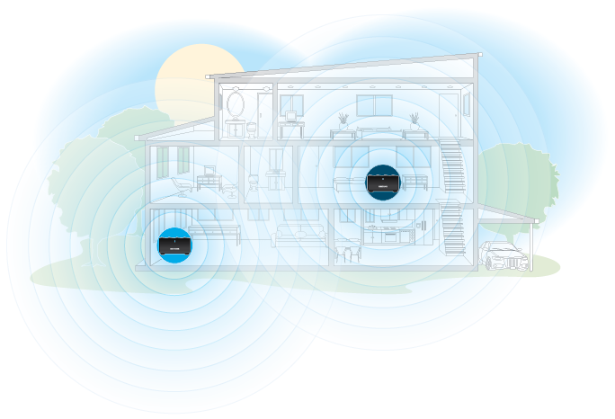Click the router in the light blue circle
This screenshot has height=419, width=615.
tap(174, 244)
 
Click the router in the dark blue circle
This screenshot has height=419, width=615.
tap(383, 182)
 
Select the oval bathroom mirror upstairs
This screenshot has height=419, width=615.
tap(236, 104)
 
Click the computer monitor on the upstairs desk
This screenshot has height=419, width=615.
tap(292, 114)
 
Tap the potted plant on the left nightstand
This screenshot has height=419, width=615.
tap(343, 120)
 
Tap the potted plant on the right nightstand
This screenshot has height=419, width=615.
tap(414, 120)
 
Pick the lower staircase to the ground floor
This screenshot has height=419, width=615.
tap(453, 230)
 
